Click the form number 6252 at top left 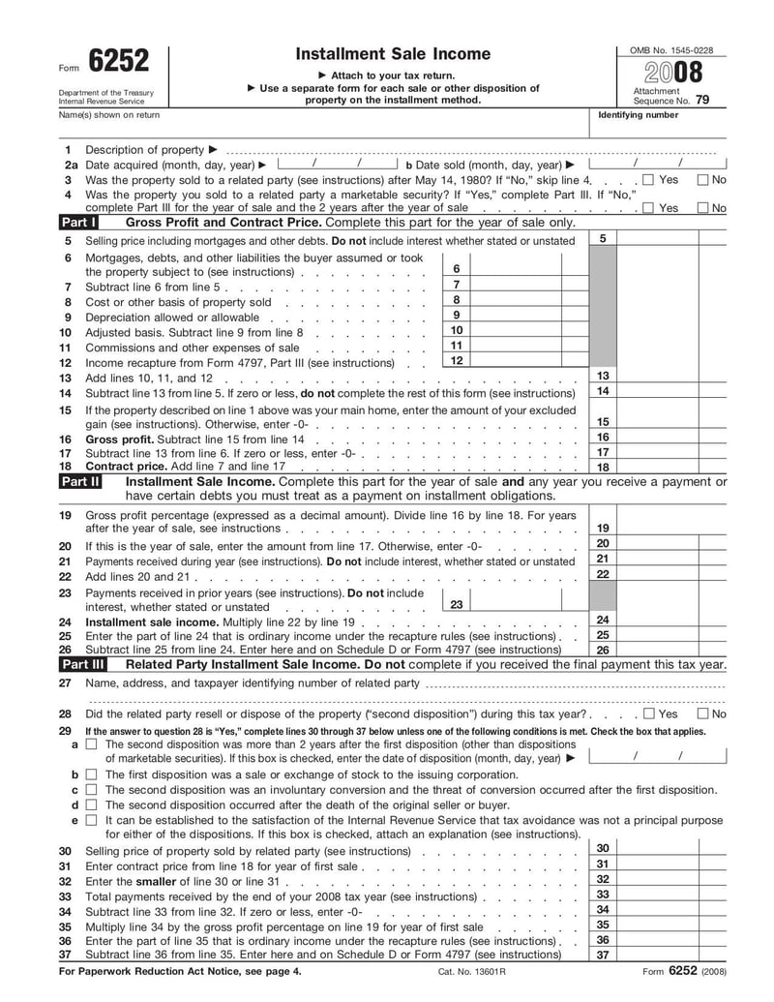(x=119, y=62)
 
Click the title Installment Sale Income (x=393, y=54)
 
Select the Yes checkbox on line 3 (x=648, y=180)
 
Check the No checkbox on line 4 (x=703, y=208)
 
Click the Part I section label (x=78, y=222)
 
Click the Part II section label (x=80, y=480)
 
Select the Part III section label (x=82, y=664)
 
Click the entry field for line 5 (x=671, y=239)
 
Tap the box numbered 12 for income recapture (x=456, y=361)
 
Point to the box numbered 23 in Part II (x=456, y=604)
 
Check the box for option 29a (x=91, y=744)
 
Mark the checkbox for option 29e (x=91, y=820)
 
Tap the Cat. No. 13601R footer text (x=472, y=971)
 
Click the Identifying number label (x=639, y=115)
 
